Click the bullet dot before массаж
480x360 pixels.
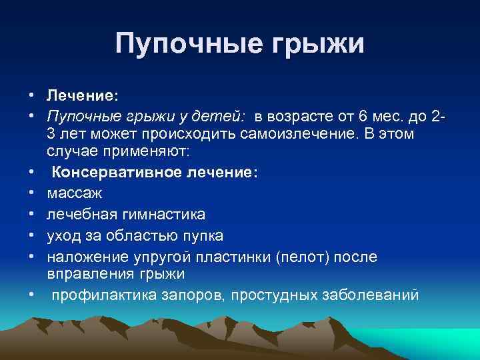click(x=31, y=193)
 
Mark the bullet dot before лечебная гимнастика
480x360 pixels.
click(x=31, y=215)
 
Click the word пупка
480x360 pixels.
click(x=201, y=235)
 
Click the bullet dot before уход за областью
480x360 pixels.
click(x=31, y=235)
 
